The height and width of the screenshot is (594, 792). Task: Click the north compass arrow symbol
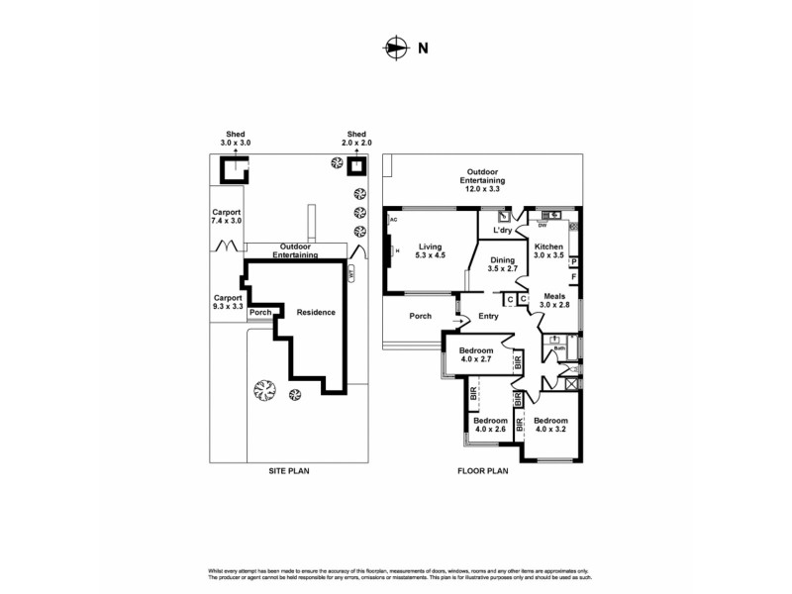[395, 46]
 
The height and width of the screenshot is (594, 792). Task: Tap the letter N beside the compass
[423, 47]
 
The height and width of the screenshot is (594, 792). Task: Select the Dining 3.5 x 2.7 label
[504, 263]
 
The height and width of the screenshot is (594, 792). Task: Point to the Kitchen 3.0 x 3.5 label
[549, 251]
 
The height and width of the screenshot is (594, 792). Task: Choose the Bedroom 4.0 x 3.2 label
[552, 425]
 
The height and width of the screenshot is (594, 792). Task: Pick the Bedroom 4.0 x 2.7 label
[475, 354]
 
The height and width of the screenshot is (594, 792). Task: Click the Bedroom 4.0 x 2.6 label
[490, 425]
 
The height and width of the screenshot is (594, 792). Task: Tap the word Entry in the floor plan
[488, 317]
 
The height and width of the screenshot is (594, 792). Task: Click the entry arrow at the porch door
[459, 321]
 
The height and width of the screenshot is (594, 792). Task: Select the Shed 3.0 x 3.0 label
[236, 139]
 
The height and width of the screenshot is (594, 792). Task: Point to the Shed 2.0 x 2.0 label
[356, 139]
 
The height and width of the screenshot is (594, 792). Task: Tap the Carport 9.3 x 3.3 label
[227, 302]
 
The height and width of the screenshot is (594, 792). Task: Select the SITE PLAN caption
[289, 472]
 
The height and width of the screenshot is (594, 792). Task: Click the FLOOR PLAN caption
[483, 472]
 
